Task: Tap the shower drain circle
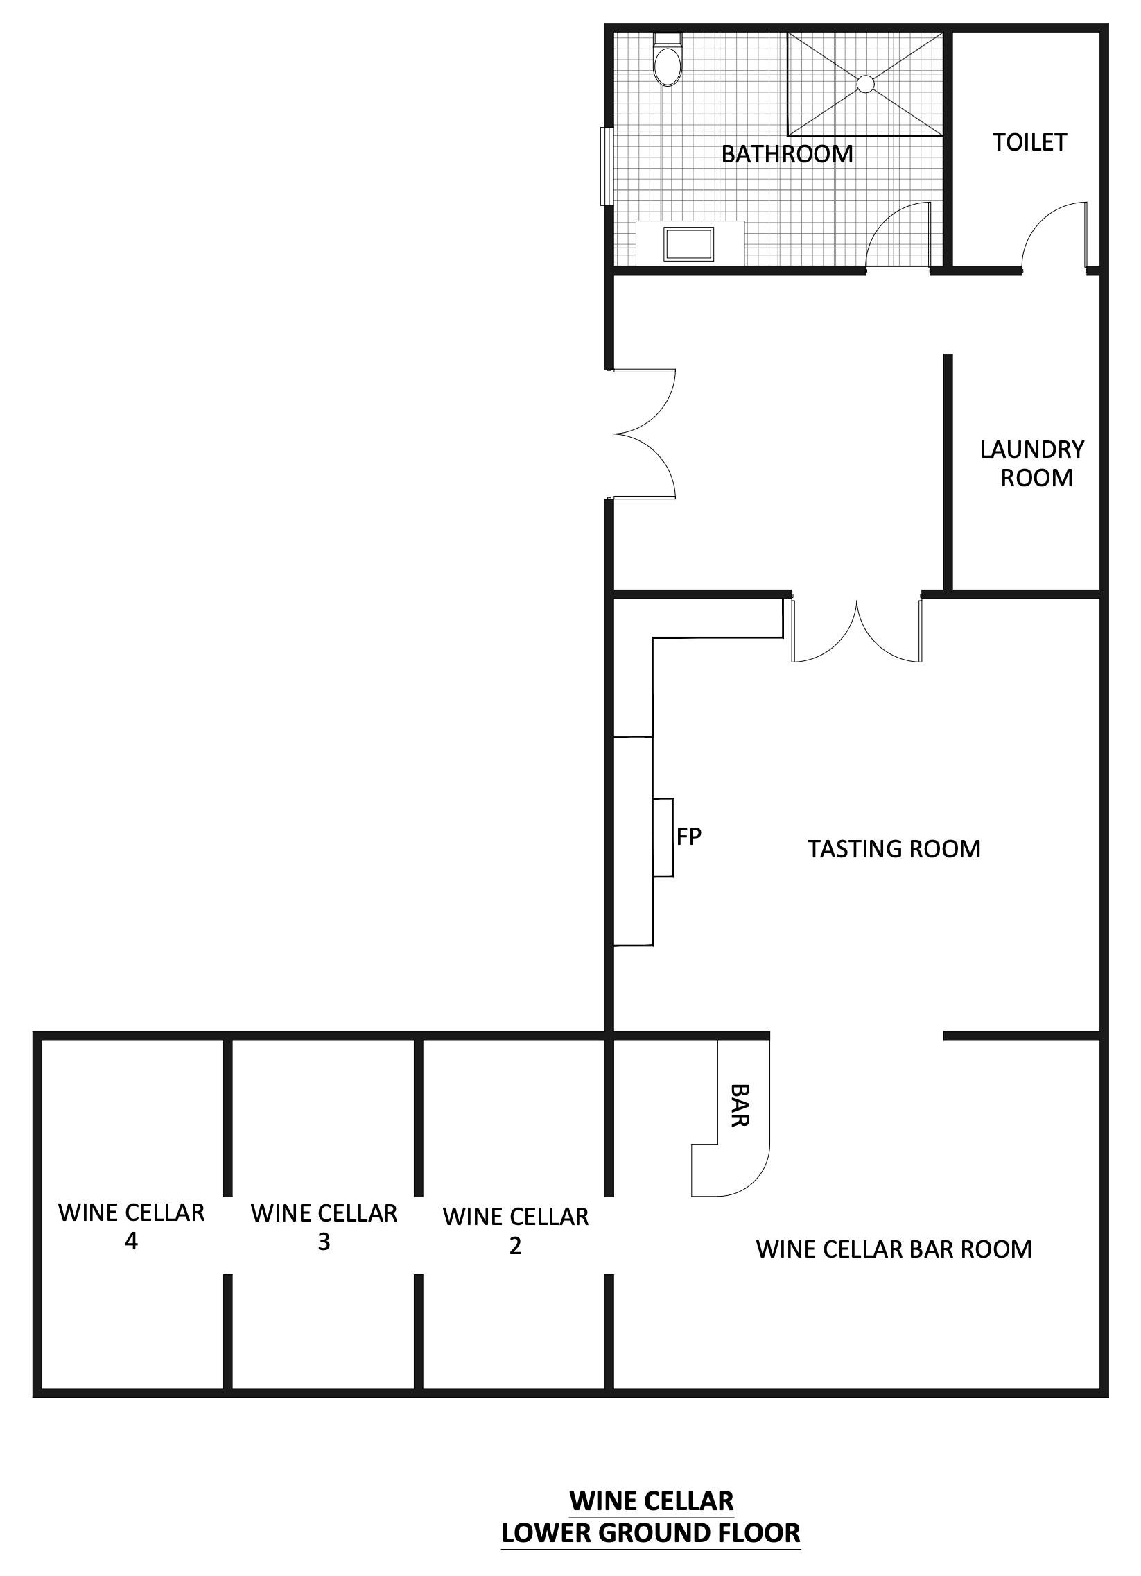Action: [865, 83]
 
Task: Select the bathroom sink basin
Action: [689, 244]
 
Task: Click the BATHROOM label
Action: [787, 153]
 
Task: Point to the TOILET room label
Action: [1029, 142]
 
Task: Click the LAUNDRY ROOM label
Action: [1032, 463]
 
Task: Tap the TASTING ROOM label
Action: [894, 848]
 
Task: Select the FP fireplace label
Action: [689, 837]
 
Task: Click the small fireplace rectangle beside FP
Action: [663, 837]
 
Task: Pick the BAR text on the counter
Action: [740, 1105]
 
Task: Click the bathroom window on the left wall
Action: [607, 166]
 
